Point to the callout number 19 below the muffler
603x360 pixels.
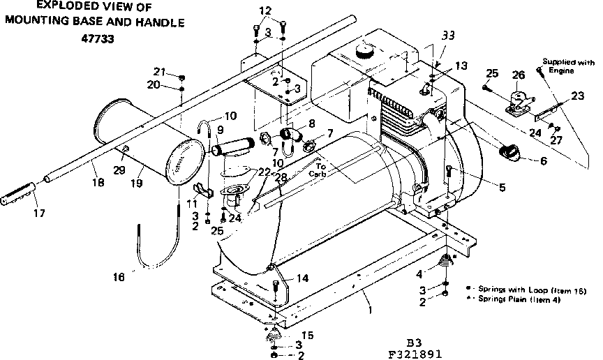click(x=136, y=183)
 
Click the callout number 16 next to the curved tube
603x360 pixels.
click(x=119, y=276)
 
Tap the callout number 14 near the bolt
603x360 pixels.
click(x=301, y=278)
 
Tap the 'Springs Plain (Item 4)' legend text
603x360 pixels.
click(x=517, y=299)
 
